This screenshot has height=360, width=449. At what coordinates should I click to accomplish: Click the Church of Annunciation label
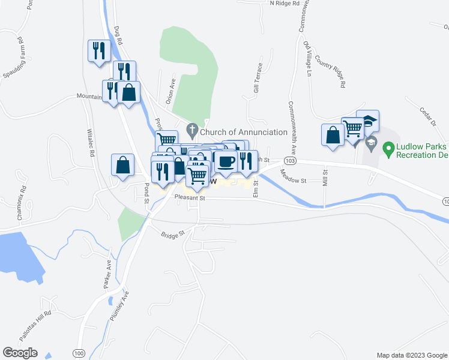pyautogui.click(x=244, y=132)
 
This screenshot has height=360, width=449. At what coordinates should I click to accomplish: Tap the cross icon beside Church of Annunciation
pyautogui.click(x=193, y=129)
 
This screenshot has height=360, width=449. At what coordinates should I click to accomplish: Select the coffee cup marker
pyautogui.click(x=226, y=161)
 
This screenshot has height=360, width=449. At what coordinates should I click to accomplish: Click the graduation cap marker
pyautogui.click(x=367, y=121)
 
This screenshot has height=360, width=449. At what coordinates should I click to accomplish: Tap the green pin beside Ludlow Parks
pyautogui.click(x=388, y=147)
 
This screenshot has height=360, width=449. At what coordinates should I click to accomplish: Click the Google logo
pyautogui.click(x=20, y=353)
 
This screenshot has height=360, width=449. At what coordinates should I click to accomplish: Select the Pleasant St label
pyautogui.click(x=190, y=197)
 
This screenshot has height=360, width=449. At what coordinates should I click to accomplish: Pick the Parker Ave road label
pyautogui.click(x=108, y=274)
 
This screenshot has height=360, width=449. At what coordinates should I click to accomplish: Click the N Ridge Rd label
pyautogui.click(x=285, y=3)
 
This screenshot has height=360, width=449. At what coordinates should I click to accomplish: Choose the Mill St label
pyautogui.click(x=326, y=179)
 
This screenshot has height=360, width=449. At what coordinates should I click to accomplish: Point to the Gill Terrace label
pyautogui.click(x=258, y=77)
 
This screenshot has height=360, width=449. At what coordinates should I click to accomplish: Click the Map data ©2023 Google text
pyautogui.click(x=412, y=355)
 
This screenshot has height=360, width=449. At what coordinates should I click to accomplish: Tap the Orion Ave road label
pyautogui.click(x=170, y=92)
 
